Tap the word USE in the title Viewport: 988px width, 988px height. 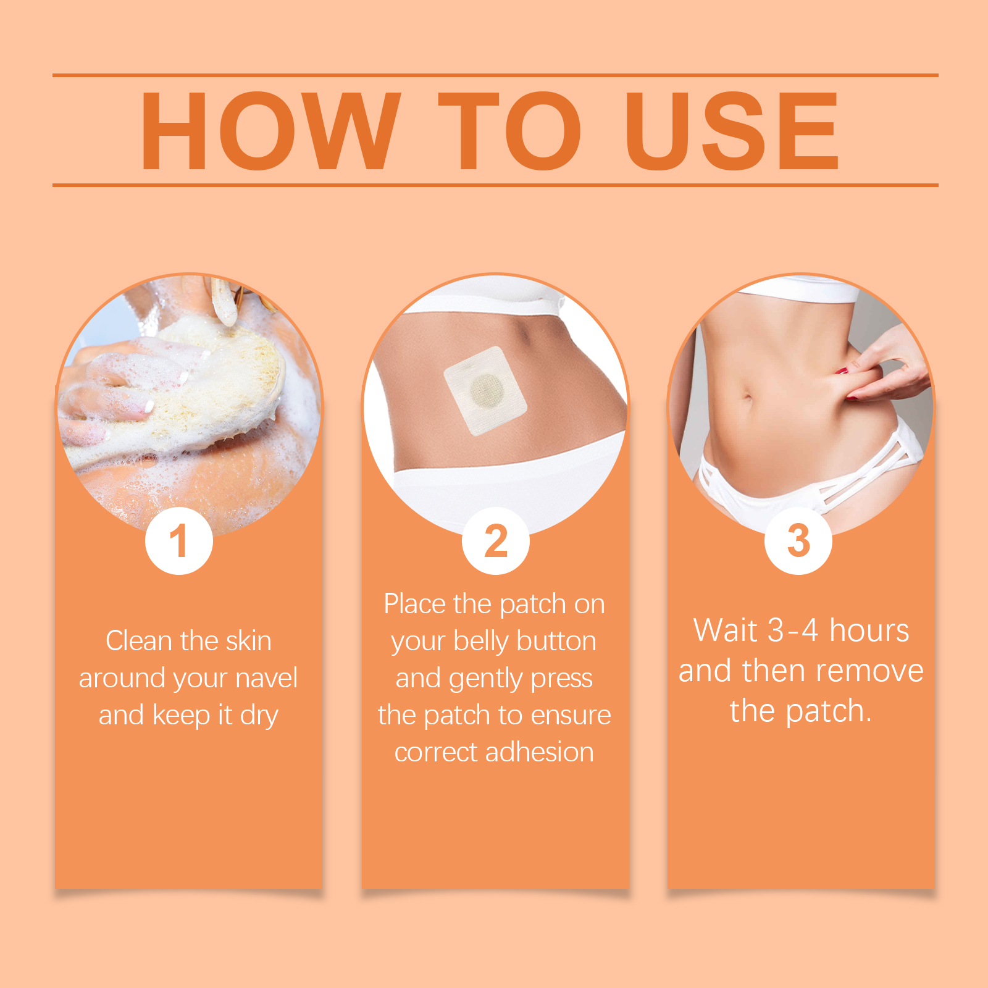point(732,130)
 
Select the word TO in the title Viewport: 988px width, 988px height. point(509,130)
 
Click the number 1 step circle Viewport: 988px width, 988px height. point(179,541)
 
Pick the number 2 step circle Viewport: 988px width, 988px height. point(496,541)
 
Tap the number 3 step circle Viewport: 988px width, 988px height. point(798,541)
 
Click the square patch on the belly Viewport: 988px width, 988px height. point(485,390)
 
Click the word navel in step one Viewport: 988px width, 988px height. point(267,677)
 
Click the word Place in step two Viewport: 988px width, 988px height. point(414,603)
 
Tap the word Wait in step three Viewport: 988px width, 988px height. point(726,630)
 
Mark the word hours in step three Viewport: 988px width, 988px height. point(869,630)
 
